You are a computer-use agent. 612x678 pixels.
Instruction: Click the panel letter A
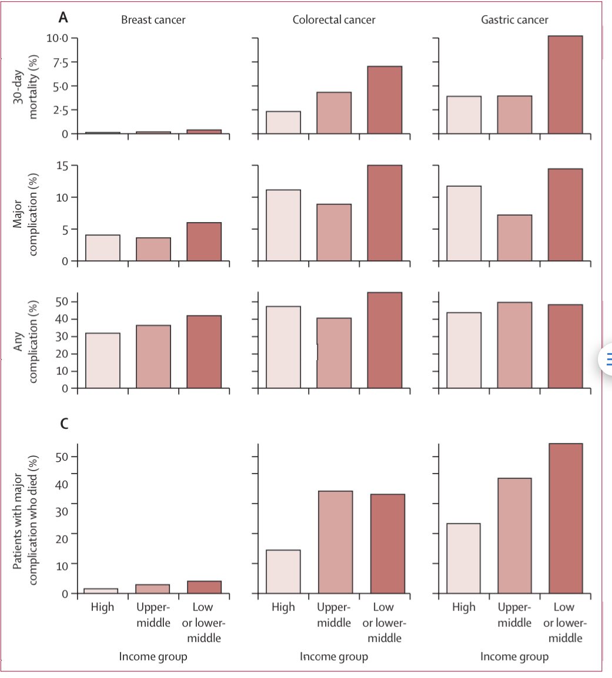pos(63,18)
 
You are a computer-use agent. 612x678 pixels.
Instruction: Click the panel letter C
pos(65,424)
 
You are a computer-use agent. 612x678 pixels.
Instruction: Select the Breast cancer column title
pos(153,20)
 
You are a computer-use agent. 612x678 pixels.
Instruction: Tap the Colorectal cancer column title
pos(334,20)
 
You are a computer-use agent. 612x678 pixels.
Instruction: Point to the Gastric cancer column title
pos(514,20)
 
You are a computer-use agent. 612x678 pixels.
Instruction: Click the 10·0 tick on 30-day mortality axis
pos(57,38)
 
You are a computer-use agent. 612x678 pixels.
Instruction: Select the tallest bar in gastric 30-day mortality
pos(565,85)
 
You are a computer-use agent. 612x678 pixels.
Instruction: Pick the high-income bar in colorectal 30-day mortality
pos(283,123)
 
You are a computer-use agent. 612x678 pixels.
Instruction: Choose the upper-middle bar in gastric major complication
pos(514,238)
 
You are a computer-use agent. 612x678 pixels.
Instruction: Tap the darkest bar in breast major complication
pos(204,241)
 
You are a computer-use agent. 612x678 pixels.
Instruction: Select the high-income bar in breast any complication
pos(103,361)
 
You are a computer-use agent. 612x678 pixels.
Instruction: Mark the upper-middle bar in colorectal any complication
pos(334,353)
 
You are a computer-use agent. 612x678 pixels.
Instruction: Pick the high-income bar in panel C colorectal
pos(283,572)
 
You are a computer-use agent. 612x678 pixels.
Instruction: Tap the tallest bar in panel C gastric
pos(565,518)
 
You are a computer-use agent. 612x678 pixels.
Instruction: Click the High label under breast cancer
pos(102,607)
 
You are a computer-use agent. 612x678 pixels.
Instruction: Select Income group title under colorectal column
pos(334,656)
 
